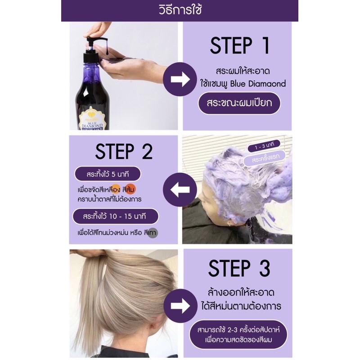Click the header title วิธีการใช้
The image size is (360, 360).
coord(180,10)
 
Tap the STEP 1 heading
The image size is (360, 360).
coord(240,46)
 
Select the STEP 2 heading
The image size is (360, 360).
coord(124,152)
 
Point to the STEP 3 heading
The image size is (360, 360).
coord(239,268)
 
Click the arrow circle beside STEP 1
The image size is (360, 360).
coord(180,79)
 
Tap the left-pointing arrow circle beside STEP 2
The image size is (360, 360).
coord(180,189)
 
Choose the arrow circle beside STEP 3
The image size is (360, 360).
coord(180,306)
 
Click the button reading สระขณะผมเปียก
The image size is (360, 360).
coord(239,103)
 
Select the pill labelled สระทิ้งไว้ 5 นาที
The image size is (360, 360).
coord(108,174)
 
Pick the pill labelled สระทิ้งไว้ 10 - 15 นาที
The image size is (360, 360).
coord(115,216)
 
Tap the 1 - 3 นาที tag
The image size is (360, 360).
coord(264,146)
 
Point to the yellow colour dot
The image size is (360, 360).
coord(116,189)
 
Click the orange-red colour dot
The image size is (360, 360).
coord(131,189)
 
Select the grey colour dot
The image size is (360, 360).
coord(153,233)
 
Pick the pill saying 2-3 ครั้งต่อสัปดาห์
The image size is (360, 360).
coord(238,335)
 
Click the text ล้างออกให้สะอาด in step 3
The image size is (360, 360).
coord(241,293)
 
